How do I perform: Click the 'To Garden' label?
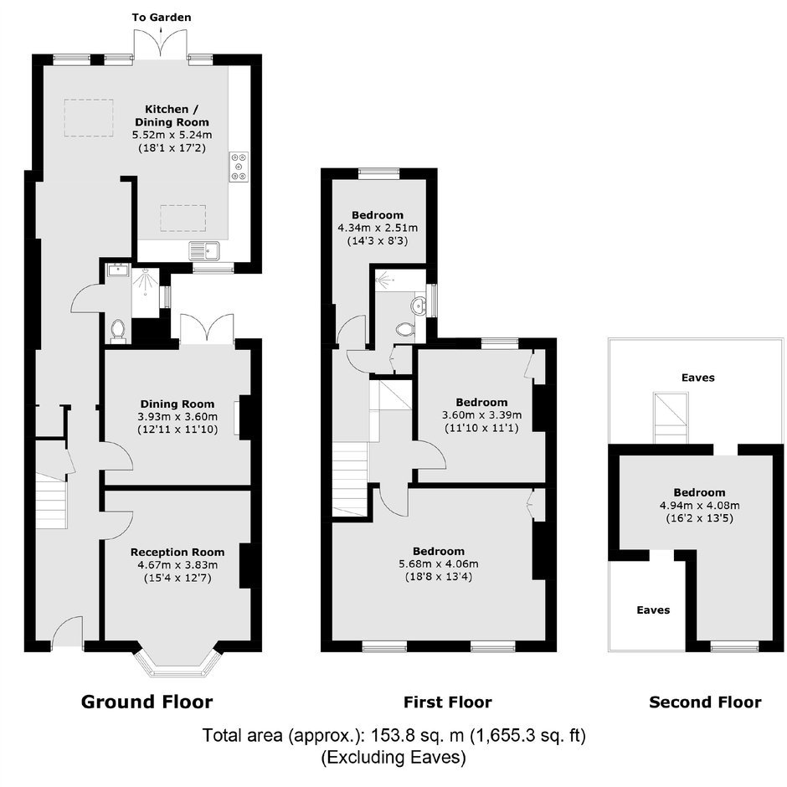coord(161,18)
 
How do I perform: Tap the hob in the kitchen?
coord(239,166)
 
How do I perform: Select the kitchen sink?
coord(205,250)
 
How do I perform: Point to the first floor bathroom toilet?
coord(404,329)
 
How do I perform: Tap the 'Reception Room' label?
coord(177,552)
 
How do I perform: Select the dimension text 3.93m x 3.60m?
coord(177,416)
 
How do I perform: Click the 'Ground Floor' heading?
coord(147,702)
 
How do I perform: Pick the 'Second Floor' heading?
coord(705,702)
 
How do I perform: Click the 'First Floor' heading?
coord(448,702)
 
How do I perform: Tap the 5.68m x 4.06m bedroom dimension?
coord(439,563)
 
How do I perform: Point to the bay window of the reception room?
coord(177,660)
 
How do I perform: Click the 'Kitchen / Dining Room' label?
coord(172,116)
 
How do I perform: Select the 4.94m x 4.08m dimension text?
coord(699,505)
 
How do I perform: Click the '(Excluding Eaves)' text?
coord(393,757)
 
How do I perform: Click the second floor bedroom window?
coord(733,647)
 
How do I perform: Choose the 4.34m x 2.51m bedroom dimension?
coord(378,228)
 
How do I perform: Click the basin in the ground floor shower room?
coord(119,270)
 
